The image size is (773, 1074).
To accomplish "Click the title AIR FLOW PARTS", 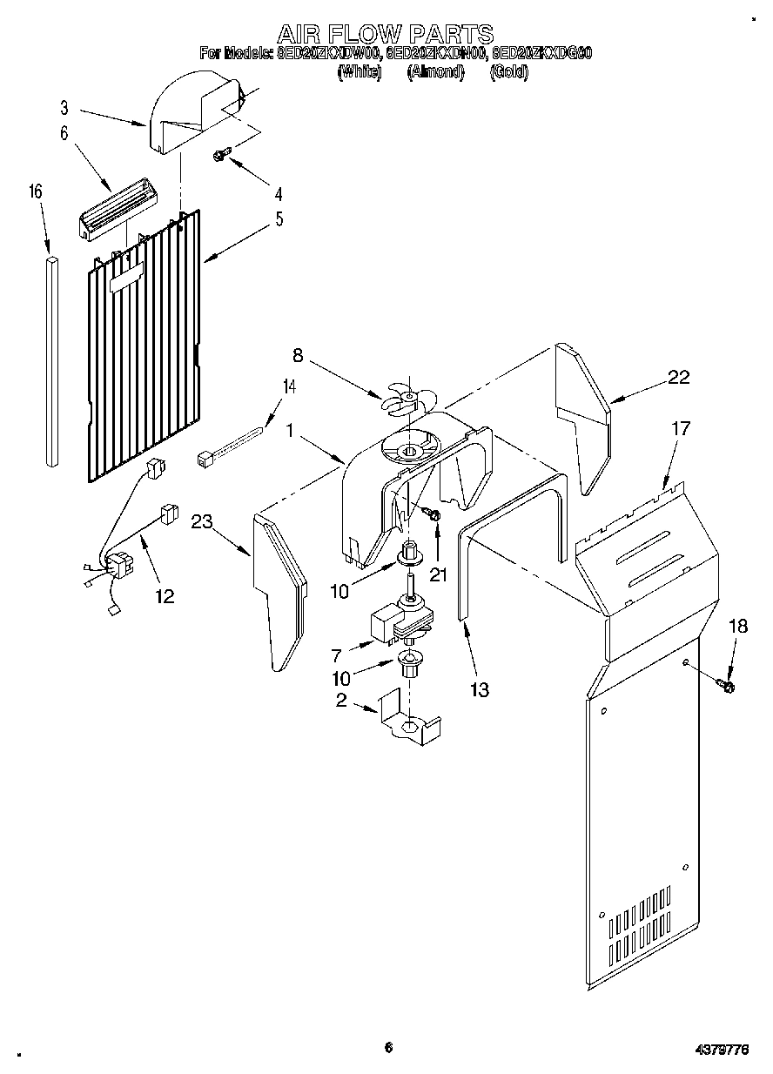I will pyautogui.click(x=385, y=34).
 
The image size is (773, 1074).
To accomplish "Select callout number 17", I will pyautogui.click(x=680, y=428).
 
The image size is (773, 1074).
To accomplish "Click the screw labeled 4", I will pyautogui.click(x=221, y=155).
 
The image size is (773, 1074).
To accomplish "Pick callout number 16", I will pyautogui.click(x=36, y=192).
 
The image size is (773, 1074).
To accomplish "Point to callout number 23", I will pyautogui.click(x=202, y=522).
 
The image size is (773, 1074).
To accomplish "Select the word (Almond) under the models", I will pyautogui.click(x=435, y=73).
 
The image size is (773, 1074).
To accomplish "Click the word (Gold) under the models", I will pyautogui.click(x=509, y=73).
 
